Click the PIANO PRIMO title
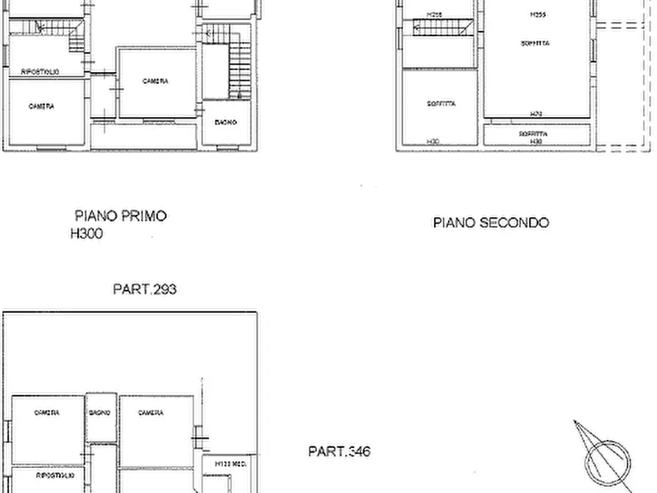[x=121, y=216]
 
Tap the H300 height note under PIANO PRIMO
[x=86, y=234]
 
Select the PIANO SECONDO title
[x=491, y=222]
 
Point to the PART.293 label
[x=144, y=289]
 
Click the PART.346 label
[x=339, y=451]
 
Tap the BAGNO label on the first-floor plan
[x=226, y=122]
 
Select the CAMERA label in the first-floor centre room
[x=155, y=82]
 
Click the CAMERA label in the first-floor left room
[x=41, y=107]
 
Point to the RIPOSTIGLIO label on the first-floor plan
[x=40, y=71]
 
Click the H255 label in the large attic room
[x=538, y=15]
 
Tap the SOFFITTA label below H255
[x=535, y=43]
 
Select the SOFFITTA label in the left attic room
[x=441, y=104]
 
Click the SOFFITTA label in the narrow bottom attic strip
[x=533, y=134]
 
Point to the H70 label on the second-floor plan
[x=536, y=114]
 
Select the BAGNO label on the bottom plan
[x=100, y=413]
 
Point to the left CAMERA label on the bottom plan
[x=47, y=413]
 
